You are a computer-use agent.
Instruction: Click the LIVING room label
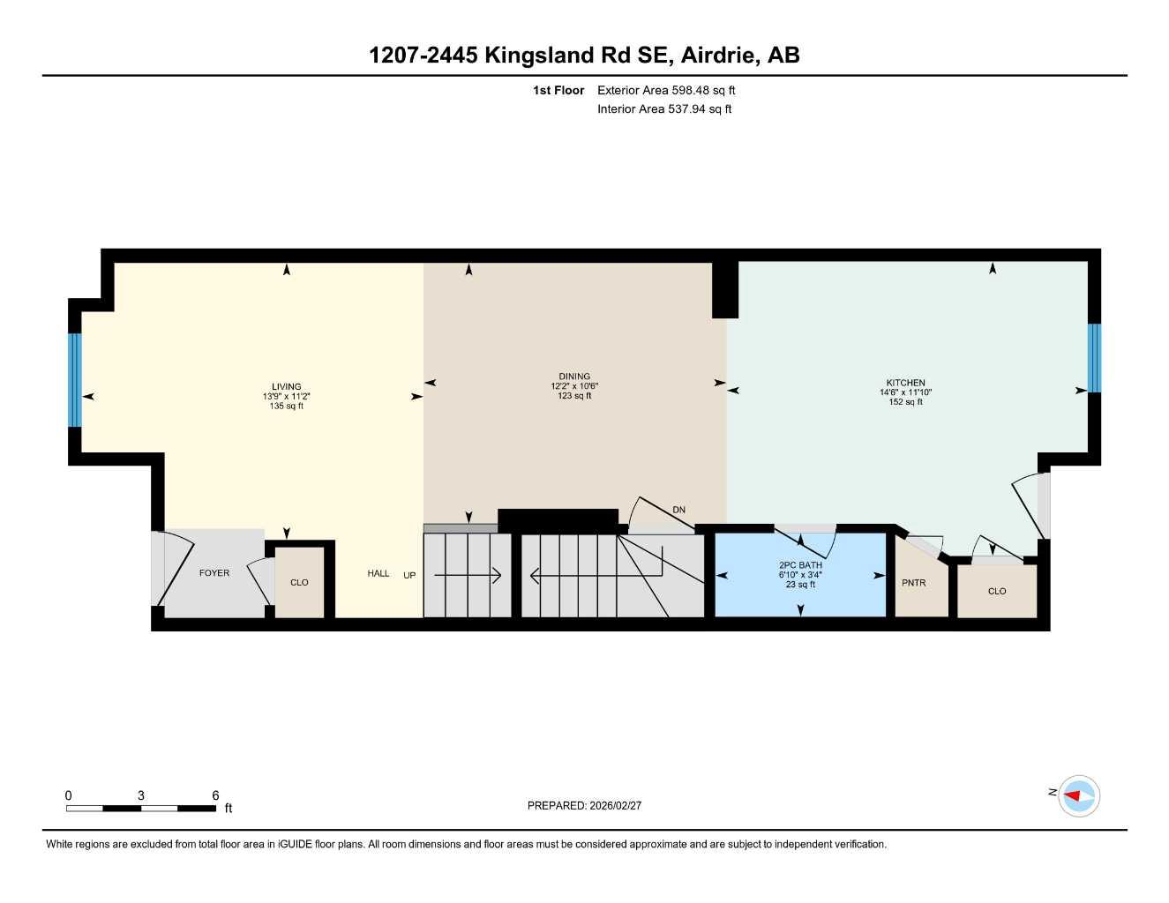tap(287, 386)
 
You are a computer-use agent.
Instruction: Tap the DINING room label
tap(574, 377)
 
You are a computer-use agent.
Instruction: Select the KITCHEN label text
tap(905, 383)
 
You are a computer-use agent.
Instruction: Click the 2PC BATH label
tap(800, 565)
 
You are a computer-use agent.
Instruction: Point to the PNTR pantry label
tap(914, 583)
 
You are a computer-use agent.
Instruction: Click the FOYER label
tap(214, 573)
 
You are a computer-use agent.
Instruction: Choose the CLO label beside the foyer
tap(299, 583)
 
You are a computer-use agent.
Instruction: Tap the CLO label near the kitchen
tap(997, 592)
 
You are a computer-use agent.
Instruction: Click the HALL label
tap(378, 574)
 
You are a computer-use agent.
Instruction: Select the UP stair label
tap(409, 576)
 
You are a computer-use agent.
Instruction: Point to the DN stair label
tap(678, 510)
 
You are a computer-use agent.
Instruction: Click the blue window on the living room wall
tap(75, 380)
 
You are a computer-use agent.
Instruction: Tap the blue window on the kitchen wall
tap(1094, 358)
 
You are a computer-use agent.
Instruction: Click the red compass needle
tap(1073, 796)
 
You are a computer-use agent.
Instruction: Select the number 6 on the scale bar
tap(215, 795)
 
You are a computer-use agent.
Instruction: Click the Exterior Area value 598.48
tap(692, 90)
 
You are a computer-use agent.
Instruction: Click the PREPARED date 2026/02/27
tap(615, 806)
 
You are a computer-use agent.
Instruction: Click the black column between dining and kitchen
tap(725, 289)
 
